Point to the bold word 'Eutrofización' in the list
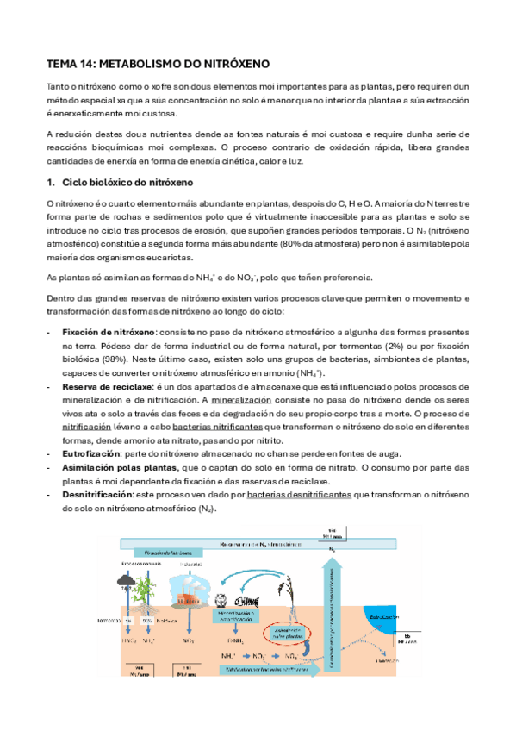click(91, 453)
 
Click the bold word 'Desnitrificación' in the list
click(96, 495)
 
